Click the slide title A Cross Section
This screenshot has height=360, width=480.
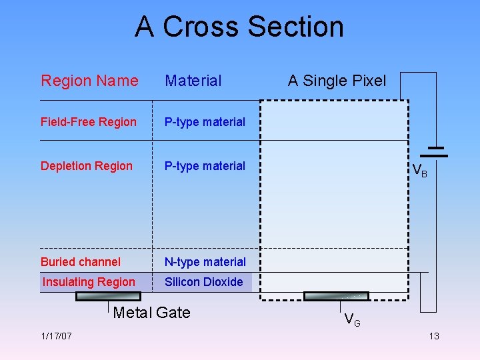pyautogui.click(x=239, y=27)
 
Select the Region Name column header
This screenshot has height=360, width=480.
pyautogui.click(x=89, y=81)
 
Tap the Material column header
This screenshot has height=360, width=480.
pyautogui.click(x=193, y=81)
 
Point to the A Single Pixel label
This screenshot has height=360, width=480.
pyautogui.click(x=337, y=81)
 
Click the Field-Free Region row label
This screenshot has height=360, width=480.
pyautogui.click(x=88, y=122)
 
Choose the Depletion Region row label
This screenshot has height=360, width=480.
pyautogui.click(x=87, y=166)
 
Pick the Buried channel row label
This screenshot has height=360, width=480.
pyautogui.click(x=81, y=262)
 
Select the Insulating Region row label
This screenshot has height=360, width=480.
pyautogui.click(x=89, y=282)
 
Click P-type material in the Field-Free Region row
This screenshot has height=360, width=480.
pyautogui.click(x=205, y=122)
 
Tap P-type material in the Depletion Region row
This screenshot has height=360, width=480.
pyautogui.click(x=205, y=166)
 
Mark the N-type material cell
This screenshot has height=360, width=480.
pyautogui.click(x=205, y=262)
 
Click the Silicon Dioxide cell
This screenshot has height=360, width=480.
pyautogui.click(x=203, y=282)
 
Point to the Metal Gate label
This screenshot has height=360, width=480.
pyautogui.click(x=151, y=313)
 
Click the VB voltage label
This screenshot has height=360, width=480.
pyautogui.click(x=420, y=171)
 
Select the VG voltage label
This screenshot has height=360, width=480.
pyautogui.click(x=352, y=321)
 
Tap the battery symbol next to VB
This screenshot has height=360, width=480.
pyautogui.click(x=437, y=151)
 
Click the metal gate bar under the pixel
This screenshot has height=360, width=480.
pyautogui.click(x=335, y=296)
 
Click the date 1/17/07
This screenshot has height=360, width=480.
pyautogui.click(x=56, y=336)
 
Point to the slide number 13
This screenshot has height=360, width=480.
pyautogui.click(x=433, y=336)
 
